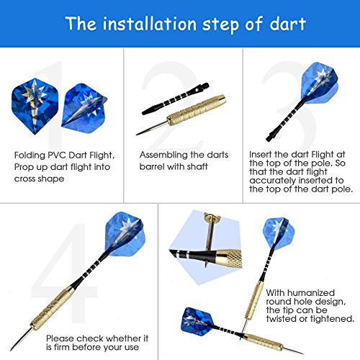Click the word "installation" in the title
[150, 24]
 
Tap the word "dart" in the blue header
[287, 24]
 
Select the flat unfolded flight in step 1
[35, 107]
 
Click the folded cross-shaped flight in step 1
[84, 109]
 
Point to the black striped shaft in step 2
[175, 99]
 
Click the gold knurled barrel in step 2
[197, 110]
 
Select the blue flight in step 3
[319, 83]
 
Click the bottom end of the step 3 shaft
[268, 139]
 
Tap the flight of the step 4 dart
[125, 234]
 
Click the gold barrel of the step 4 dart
[53, 307]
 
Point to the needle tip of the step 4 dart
[11, 350]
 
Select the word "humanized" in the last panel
[311, 293]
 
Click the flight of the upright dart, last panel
[279, 233]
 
